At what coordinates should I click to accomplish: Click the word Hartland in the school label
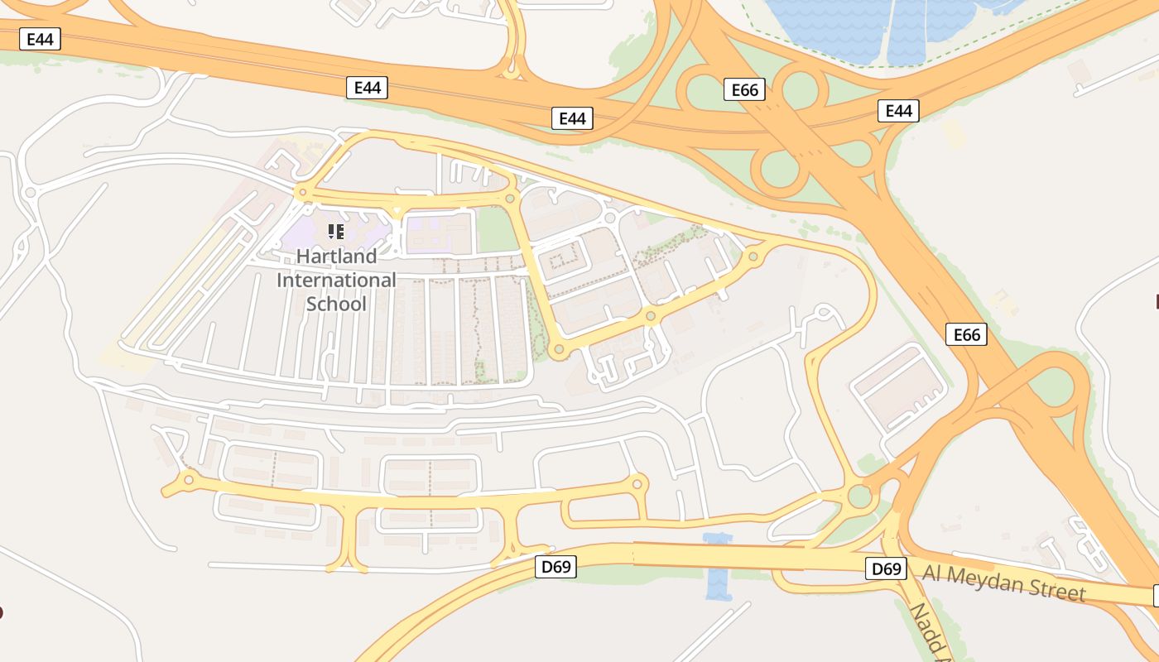336,257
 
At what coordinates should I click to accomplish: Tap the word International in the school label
336,281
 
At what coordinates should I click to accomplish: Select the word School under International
336,304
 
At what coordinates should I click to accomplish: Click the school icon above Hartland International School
335,232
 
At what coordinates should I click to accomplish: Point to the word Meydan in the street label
990,580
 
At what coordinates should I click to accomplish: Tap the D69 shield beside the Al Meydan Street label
886,568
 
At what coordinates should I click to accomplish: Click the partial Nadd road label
929,633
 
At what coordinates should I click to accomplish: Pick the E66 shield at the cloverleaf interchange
744,89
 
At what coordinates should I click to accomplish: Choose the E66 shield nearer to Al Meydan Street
966,334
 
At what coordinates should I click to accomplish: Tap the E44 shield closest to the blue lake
898,110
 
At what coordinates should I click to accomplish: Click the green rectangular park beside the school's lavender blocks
497,229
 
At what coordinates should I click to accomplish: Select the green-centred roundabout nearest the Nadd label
860,496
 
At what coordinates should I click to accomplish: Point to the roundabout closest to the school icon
303,193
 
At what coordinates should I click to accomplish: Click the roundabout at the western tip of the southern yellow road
189,479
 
